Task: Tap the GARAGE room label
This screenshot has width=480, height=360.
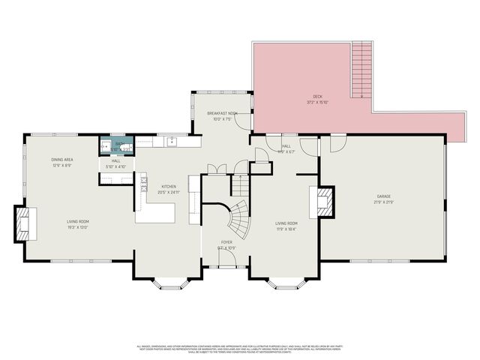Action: [x=383, y=196]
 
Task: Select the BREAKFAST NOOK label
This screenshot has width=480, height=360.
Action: [x=222, y=113]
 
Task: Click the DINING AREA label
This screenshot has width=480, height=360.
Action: [x=61, y=160]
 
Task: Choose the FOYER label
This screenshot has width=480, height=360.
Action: [x=226, y=242]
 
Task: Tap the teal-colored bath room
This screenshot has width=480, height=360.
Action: [x=116, y=145]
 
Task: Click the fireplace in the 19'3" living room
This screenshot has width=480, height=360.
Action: [x=24, y=223]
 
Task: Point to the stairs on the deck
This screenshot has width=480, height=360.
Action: [x=361, y=71]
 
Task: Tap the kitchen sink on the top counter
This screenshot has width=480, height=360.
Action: [x=172, y=139]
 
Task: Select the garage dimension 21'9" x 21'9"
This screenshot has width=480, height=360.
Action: [x=383, y=202]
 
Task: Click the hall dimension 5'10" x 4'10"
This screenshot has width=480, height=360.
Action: [x=116, y=166]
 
